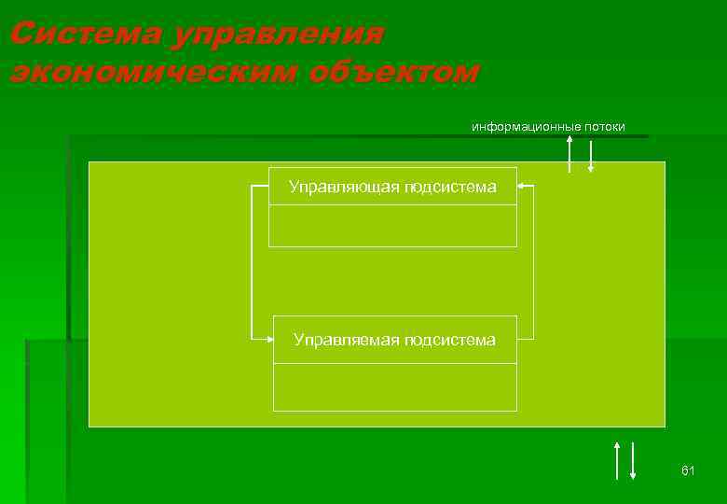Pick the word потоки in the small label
click(605, 126)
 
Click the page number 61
click(688, 470)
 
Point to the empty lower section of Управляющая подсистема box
click(392, 226)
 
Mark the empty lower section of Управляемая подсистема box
click(394, 386)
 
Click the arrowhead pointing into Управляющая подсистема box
click(523, 187)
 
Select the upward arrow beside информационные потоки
click(569, 151)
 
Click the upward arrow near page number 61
click(616, 459)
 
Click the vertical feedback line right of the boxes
click(533, 261)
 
